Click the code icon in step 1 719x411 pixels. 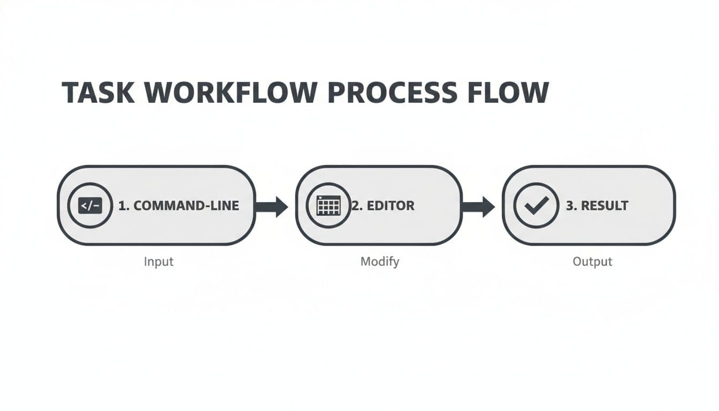(x=90, y=205)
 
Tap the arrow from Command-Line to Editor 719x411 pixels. (x=273, y=206)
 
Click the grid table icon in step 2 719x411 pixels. (x=328, y=205)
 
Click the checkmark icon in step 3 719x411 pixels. (x=536, y=205)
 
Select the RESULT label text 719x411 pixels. (x=605, y=205)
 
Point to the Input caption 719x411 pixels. (x=159, y=262)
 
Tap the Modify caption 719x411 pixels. (x=380, y=262)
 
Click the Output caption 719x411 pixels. (x=592, y=262)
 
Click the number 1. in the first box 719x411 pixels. (x=123, y=205)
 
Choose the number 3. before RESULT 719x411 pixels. (x=571, y=205)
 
